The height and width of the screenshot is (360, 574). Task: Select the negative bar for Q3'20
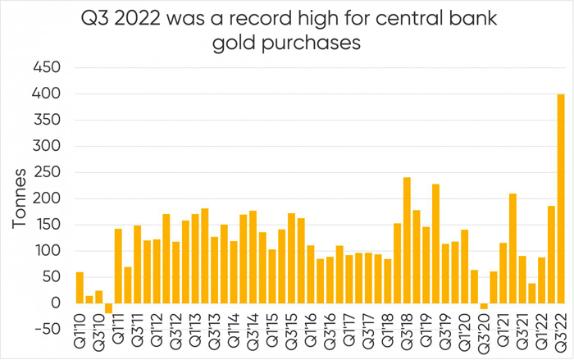[x=484, y=307]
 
